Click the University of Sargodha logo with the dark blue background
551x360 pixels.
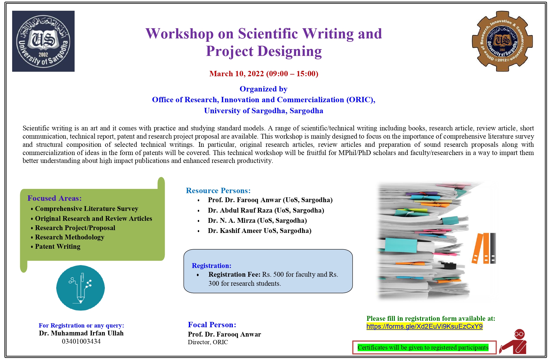[x=43, y=41]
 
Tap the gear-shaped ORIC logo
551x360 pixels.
[x=502, y=41]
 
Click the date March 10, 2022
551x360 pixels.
[x=237, y=74]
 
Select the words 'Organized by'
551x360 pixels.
[x=263, y=89]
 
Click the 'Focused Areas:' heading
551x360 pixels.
[x=55, y=198]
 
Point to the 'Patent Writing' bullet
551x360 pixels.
[x=58, y=246]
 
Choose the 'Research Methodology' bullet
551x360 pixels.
[x=70, y=237]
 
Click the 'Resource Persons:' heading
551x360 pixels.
[x=218, y=191]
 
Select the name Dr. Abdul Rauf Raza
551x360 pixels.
[x=240, y=210]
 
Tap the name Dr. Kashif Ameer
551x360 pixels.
[x=235, y=231]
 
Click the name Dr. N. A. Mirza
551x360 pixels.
[x=232, y=221]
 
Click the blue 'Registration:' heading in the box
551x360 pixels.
[x=211, y=266]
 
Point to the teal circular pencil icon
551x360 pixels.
[x=81, y=288]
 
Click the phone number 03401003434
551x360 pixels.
[x=81, y=341]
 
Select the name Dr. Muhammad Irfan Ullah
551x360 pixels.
[x=81, y=333]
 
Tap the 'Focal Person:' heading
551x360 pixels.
[x=212, y=325]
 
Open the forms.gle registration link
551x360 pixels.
[x=424, y=326]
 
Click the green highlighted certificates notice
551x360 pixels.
[x=423, y=347]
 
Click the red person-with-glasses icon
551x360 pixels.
[x=513, y=342]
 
